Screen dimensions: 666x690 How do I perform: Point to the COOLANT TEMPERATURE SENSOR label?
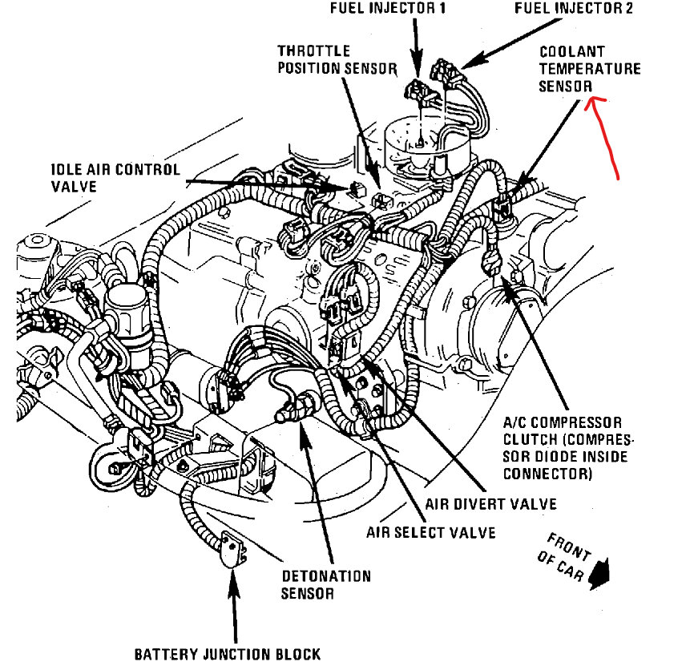(589, 70)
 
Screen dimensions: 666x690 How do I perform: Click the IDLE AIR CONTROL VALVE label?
(116, 178)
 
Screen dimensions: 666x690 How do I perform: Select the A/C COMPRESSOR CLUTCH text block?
(566, 448)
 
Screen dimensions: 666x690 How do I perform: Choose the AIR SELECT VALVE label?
(431, 531)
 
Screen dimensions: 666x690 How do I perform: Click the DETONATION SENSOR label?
(326, 585)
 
